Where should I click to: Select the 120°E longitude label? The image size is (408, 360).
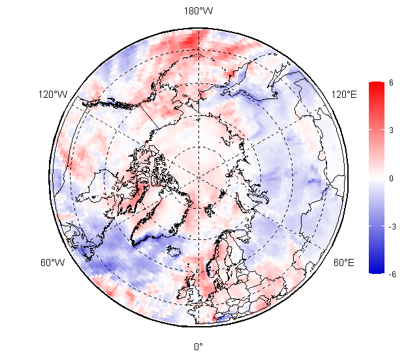tap(344, 95)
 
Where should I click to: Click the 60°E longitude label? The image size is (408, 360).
tap(343, 263)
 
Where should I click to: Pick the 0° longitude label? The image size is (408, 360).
tap(197, 346)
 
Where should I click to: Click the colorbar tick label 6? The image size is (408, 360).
tap(390, 83)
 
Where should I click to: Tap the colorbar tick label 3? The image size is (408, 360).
tap(390, 130)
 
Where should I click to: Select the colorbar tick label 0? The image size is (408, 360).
tap(390, 178)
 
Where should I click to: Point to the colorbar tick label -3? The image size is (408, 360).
tap(391, 226)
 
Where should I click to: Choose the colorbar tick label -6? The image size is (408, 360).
tap(391, 274)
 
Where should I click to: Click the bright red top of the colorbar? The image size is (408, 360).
tap(376, 87)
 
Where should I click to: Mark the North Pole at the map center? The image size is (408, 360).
tap(197, 176)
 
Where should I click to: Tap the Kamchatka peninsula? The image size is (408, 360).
tap(238, 78)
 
